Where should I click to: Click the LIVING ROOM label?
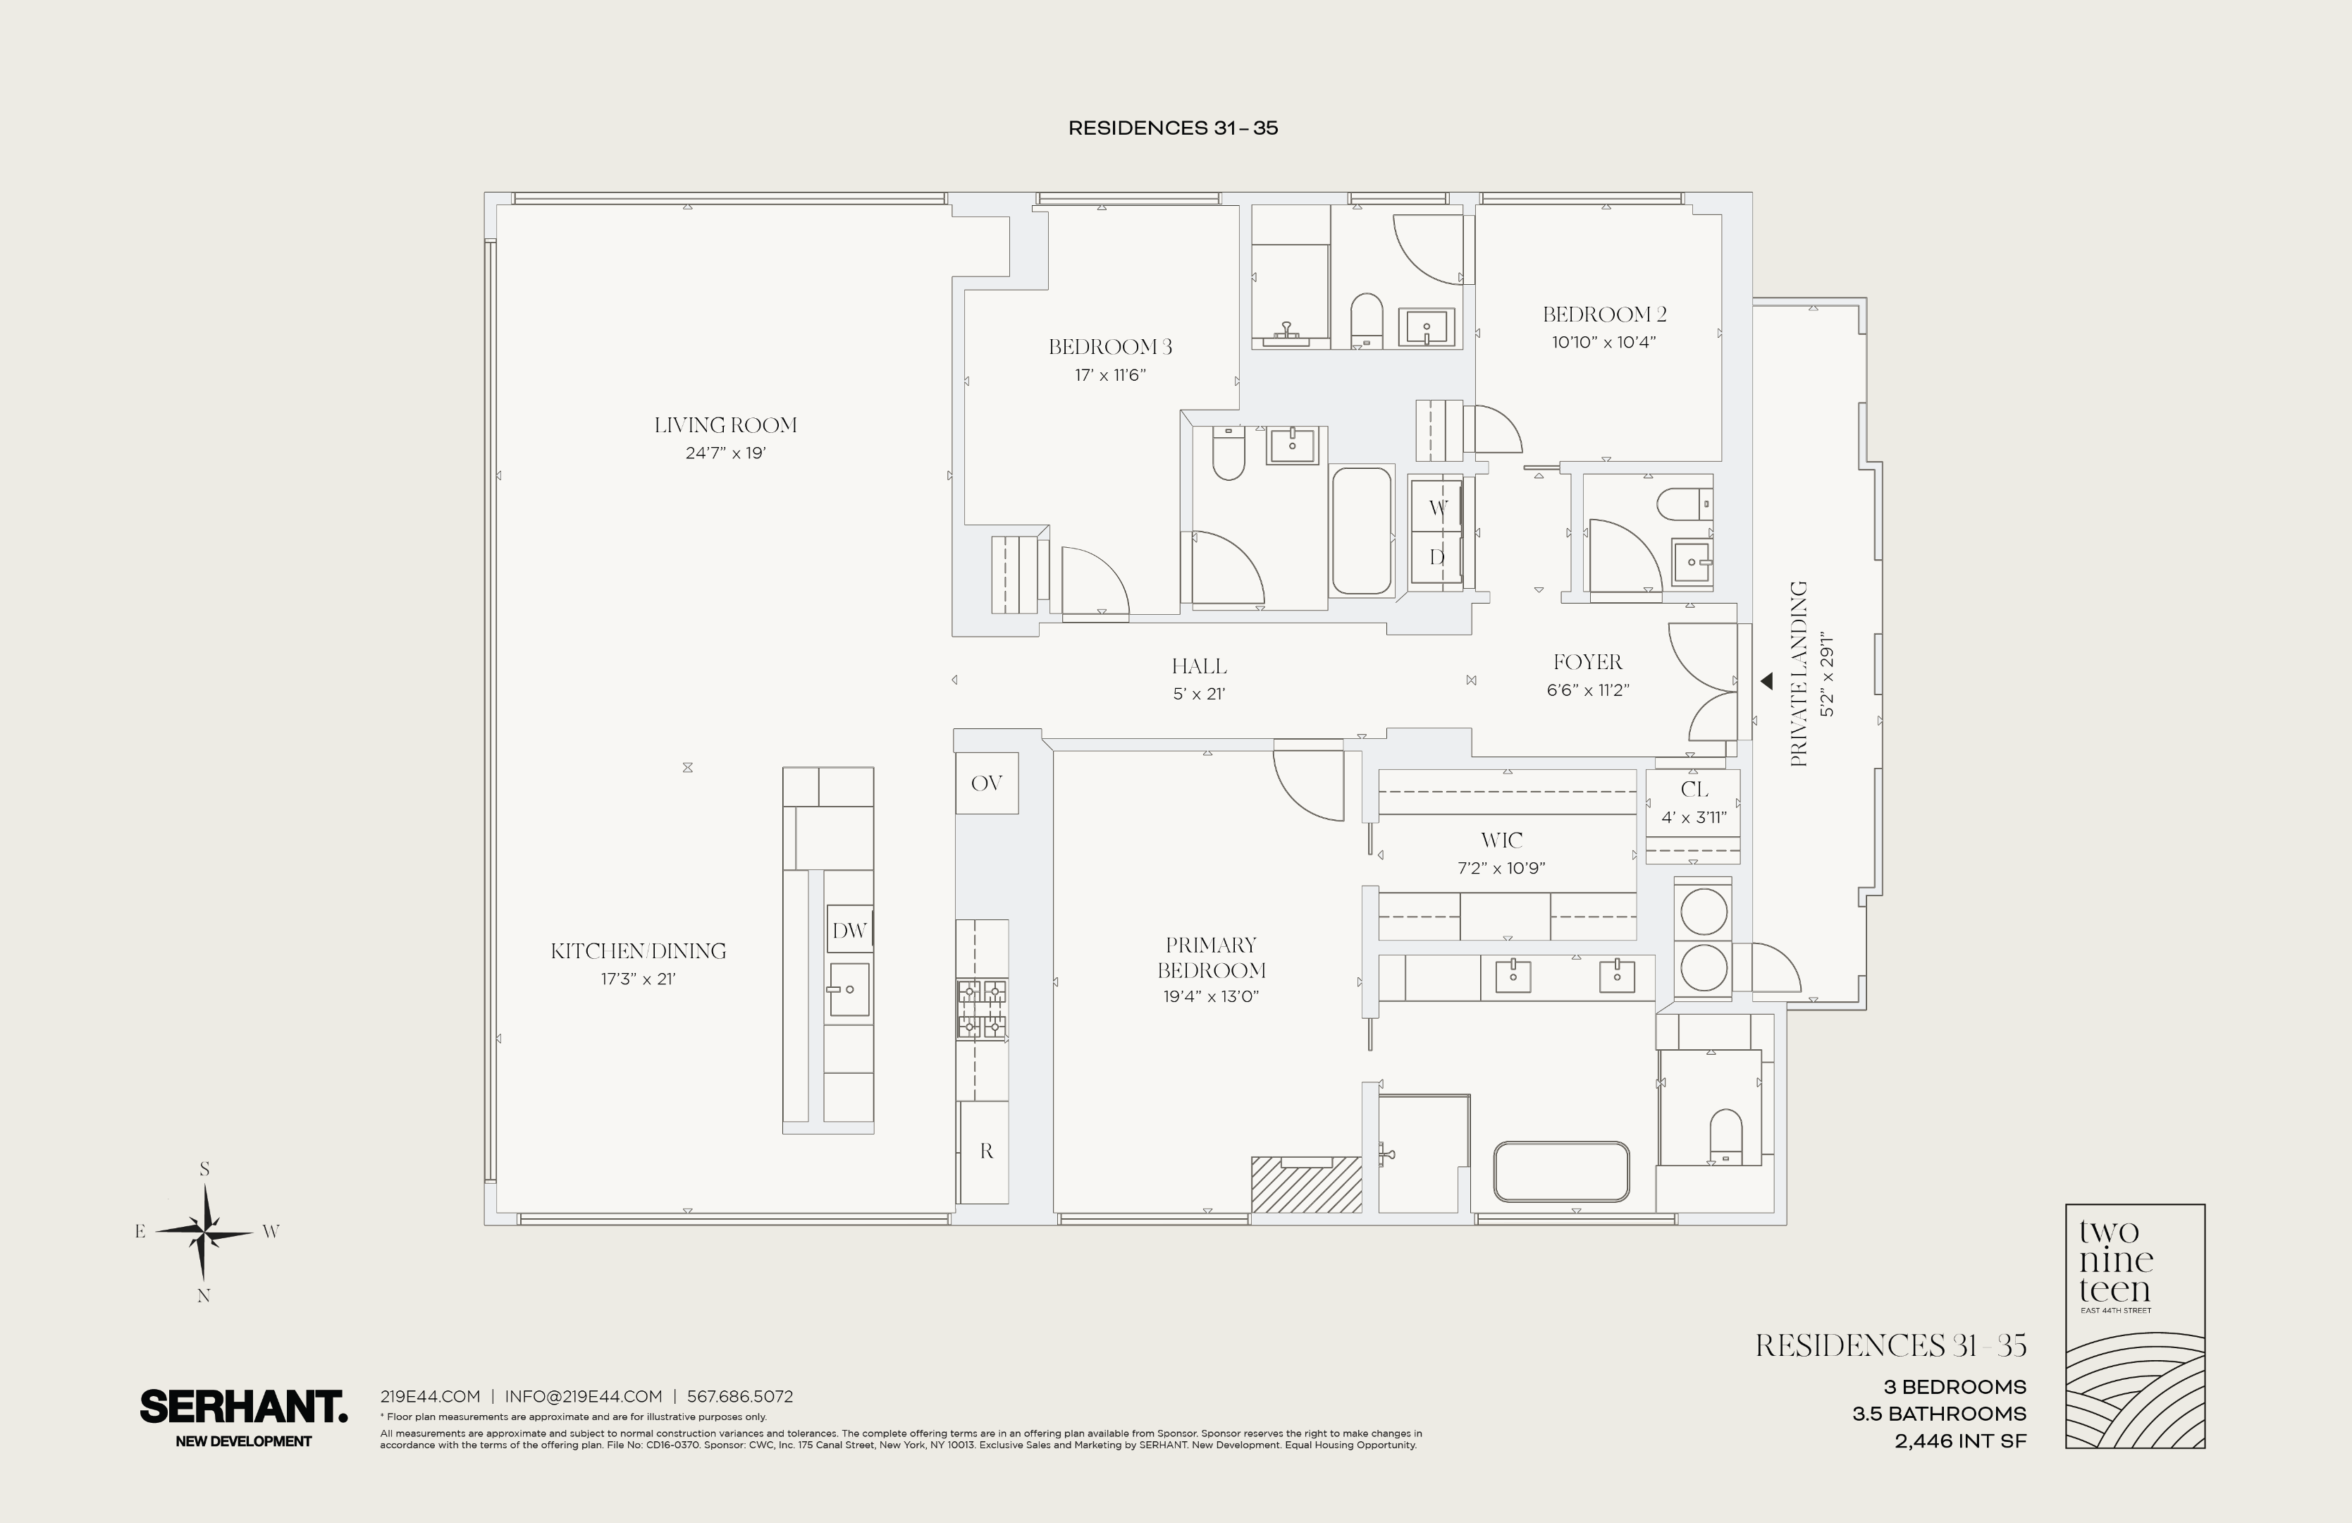click(725, 425)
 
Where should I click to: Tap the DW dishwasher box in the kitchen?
click(849, 930)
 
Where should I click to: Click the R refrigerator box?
click(985, 1151)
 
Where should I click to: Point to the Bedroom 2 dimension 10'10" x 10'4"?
click(1604, 343)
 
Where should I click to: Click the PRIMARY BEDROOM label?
click(1212, 957)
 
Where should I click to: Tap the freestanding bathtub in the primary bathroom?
click(1561, 1171)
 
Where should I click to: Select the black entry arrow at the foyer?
click(1767, 681)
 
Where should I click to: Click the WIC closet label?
click(1501, 841)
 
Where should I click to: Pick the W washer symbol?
click(1438, 508)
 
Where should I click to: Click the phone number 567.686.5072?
click(739, 1397)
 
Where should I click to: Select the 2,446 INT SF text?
click(1959, 1441)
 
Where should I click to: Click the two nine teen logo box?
click(2135, 1326)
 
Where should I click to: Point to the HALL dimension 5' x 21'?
click(1199, 694)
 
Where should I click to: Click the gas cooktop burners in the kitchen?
click(981, 1009)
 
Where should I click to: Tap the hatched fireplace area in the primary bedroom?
click(1307, 1184)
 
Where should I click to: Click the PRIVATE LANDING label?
click(1799, 674)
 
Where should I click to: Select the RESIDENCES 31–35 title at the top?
click(1173, 128)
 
